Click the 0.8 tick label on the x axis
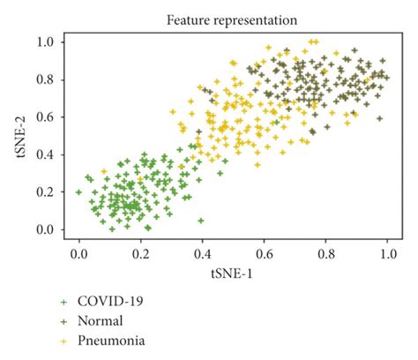[x=325, y=254]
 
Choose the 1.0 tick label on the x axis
[x=386, y=254]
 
